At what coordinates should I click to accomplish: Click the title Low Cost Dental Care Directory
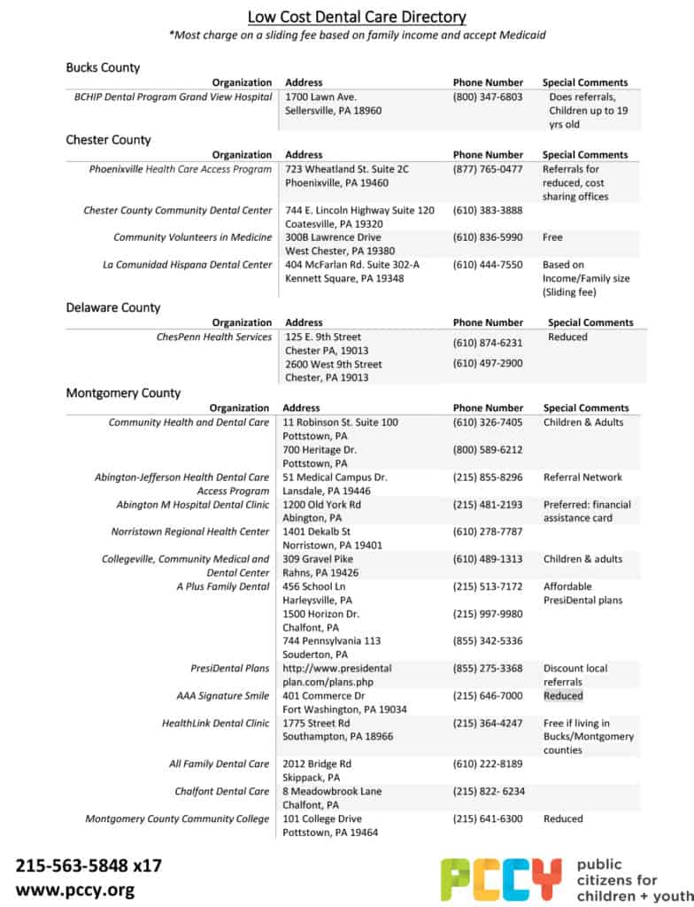(x=356, y=17)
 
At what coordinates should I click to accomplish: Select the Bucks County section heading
(x=103, y=67)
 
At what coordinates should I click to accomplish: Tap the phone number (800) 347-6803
(x=488, y=97)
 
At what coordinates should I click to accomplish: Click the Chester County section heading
(x=108, y=139)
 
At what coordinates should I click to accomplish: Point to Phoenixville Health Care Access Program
(x=181, y=169)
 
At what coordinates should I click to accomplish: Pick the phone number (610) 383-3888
(x=488, y=211)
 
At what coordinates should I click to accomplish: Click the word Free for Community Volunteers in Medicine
(x=552, y=237)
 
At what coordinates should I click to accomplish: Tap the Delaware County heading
(x=113, y=307)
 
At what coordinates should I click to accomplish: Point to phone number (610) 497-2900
(x=488, y=364)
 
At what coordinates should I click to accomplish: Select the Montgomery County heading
(x=123, y=392)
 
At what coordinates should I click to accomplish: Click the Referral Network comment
(x=582, y=477)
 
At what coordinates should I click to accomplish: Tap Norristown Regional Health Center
(x=190, y=531)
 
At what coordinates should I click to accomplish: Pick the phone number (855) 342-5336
(x=488, y=640)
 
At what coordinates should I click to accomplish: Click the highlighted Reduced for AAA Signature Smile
(x=563, y=696)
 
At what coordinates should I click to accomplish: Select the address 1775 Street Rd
(x=316, y=724)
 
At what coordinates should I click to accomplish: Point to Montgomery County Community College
(x=177, y=819)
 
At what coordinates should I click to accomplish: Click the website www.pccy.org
(x=74, y=889)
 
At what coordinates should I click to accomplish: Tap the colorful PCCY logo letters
(x=501, y=879)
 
